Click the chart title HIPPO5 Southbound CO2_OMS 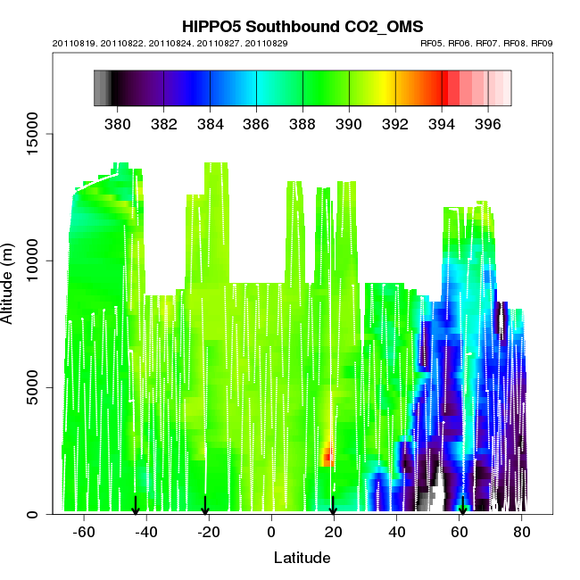[x=302, y=26]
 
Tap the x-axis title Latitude [x=302, y=559]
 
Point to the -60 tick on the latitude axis [x=84, y=533]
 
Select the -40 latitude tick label [x=146, y=533]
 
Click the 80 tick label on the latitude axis [x=522, y=533]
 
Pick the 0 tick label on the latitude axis [x=271, y=533]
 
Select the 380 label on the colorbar [x=117, y=123]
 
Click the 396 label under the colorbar [x=487, y=123]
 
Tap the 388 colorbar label [x=302, y=123]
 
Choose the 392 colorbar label [x=394, y=123]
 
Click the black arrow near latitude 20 [x=333, y=506]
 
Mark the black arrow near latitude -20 [x=205, y=506]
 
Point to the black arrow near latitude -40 [x=136, y=506]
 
